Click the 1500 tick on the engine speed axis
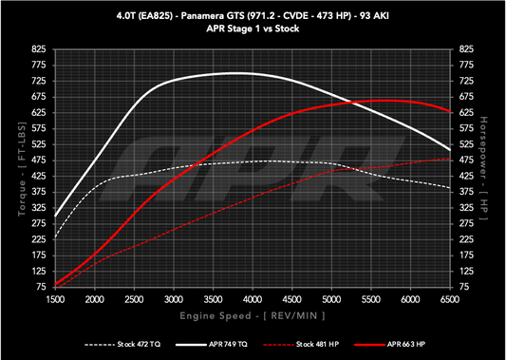(x=55, y=299)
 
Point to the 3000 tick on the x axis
(x=174, y=299)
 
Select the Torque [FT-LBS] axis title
(x=11, y=166)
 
